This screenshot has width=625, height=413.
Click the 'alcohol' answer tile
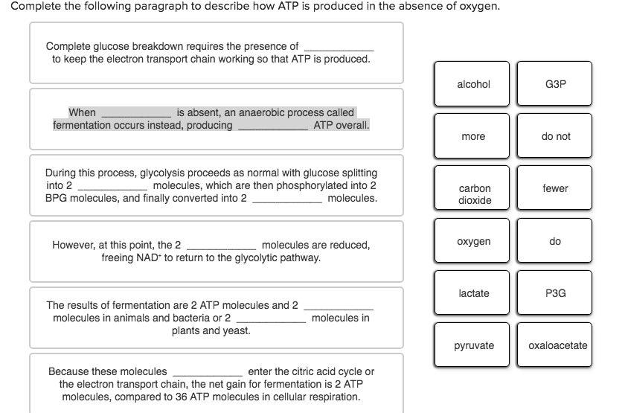point(473,85)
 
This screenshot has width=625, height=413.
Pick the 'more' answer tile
point(473,137)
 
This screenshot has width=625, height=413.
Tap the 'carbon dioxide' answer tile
point(473,194)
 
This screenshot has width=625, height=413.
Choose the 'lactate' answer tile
point(473,294)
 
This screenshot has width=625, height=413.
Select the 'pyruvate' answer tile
point(473,346)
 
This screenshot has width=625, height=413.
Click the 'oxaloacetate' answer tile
point(557,346)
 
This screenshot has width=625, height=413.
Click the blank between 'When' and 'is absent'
point(136,113)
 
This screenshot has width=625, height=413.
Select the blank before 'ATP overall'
point(272,126)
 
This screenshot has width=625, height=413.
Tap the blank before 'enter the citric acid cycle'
point(207,371)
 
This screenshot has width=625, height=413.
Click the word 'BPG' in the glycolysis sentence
point(57,199)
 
